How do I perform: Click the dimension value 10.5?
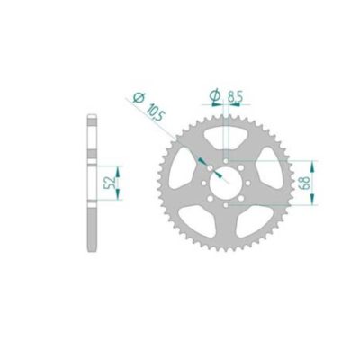pos(154,112)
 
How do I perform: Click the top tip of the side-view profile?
pos(93,114)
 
